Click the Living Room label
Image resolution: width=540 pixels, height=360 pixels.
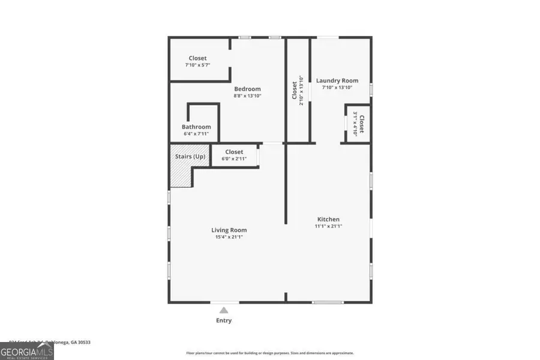coord(229,230)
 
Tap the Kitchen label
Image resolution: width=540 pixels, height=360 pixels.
coord(328,220)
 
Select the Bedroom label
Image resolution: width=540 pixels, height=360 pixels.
coord(247,89)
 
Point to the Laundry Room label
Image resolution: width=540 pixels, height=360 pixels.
coord(337,80)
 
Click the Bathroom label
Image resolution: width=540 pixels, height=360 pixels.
coord(196,127)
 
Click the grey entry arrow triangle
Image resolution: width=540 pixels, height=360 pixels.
coord(224,310)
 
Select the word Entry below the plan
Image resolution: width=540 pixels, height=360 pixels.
coord(224,320)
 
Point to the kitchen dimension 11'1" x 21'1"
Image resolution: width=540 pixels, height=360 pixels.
coord(328,226)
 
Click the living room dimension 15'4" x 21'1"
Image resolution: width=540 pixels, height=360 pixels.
coord(229,237)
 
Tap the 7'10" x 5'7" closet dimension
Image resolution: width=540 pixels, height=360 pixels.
coord(197,65)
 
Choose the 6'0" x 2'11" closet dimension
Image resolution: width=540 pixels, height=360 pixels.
coord(234,159)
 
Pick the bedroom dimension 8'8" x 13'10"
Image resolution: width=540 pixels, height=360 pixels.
coord(247,95)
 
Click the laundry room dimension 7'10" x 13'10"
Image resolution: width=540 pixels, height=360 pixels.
coord(337,88)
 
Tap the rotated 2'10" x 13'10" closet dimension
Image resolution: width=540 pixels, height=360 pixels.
coord(301,90)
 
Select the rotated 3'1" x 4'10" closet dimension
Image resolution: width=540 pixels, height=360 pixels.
coord(355,124)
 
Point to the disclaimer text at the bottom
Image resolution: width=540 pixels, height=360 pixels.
coord(270,353)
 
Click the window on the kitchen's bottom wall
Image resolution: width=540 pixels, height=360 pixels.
coord(328,302)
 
